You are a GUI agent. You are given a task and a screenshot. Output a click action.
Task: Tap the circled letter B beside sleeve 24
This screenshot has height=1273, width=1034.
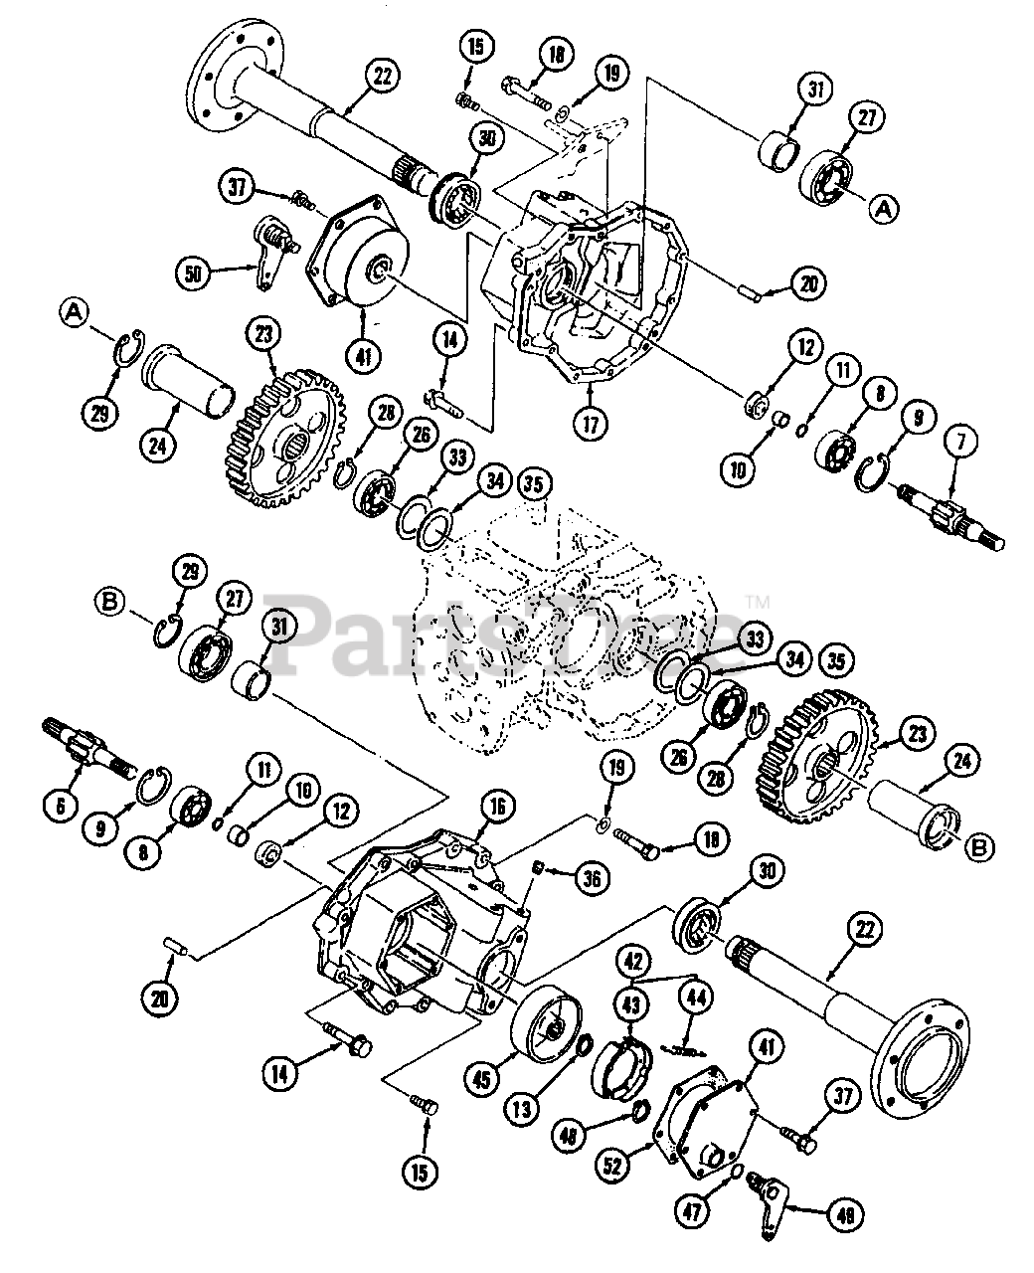click(979, 847)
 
